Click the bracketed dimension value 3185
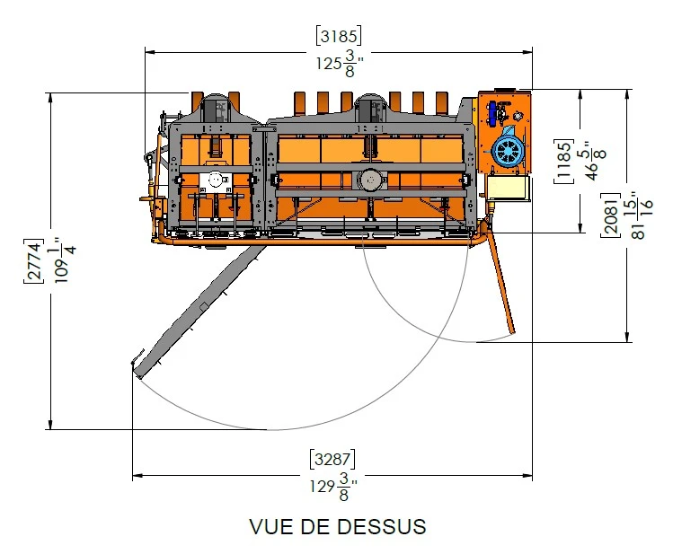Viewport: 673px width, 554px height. click(339, 36)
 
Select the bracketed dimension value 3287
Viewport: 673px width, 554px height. click(332, 459)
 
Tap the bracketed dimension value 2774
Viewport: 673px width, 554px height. click(33, 260)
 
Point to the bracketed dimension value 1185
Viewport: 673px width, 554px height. click(563, 162)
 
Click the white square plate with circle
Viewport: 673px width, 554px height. click(216, 181)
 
